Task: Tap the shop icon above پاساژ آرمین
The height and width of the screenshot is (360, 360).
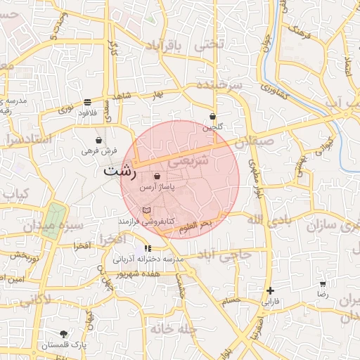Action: tap(156, 176)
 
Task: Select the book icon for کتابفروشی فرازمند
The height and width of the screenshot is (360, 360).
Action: tap(146, 210)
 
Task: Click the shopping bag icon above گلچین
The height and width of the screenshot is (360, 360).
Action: tap(212, 117)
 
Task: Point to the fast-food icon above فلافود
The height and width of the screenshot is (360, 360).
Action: tap(87, 102)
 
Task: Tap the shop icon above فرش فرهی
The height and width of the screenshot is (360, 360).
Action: tap(98, 140)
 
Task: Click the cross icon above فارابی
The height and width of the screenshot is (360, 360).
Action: tap(270, 290)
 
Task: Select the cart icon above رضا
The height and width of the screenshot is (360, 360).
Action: tap(322, 284)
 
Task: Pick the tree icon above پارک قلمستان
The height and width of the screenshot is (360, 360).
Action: tap(64, 334)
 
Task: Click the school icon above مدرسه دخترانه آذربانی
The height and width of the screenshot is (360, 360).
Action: tap(148, 248)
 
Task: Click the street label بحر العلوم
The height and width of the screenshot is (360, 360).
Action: tap(195, 226)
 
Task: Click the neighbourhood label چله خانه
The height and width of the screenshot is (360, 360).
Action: tap(171, 328)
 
